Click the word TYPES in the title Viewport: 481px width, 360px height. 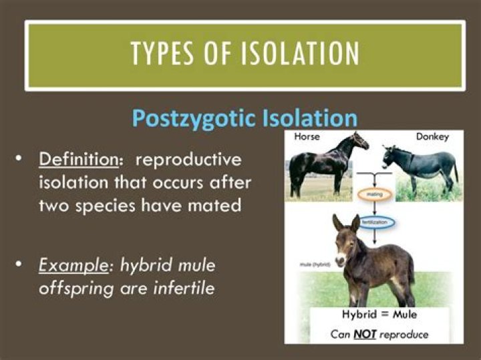click(x=165, y=53)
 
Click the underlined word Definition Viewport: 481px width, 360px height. click(x=75, y=160)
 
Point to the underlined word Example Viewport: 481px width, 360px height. click(x=73, y=265)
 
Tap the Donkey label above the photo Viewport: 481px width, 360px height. click(x=432, y=136)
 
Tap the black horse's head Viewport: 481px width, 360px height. click(x=361, y=141)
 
